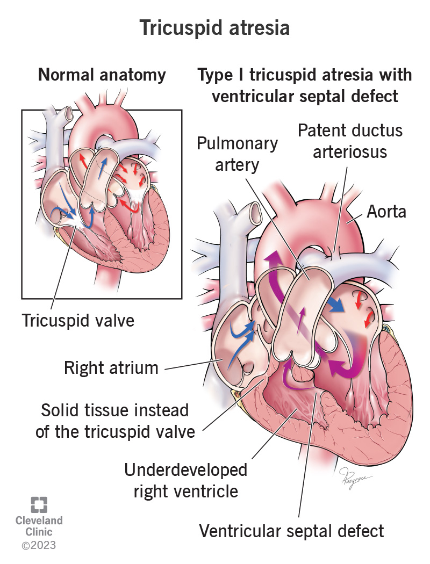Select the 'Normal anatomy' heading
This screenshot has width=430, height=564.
pos(102,75)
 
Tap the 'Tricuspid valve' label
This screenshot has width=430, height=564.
pos(78,320)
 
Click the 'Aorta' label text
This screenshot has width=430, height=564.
pos(386,212)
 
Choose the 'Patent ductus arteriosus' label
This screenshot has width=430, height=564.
pos(350,141)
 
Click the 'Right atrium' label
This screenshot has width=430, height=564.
pos(111,368)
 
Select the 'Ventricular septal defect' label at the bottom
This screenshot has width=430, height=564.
pos(292,531)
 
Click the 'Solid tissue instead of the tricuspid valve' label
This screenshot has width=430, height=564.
pos(115,421)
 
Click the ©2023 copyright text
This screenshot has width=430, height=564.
pos(38,546)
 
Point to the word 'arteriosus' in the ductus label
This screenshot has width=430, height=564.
pos(350,151)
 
